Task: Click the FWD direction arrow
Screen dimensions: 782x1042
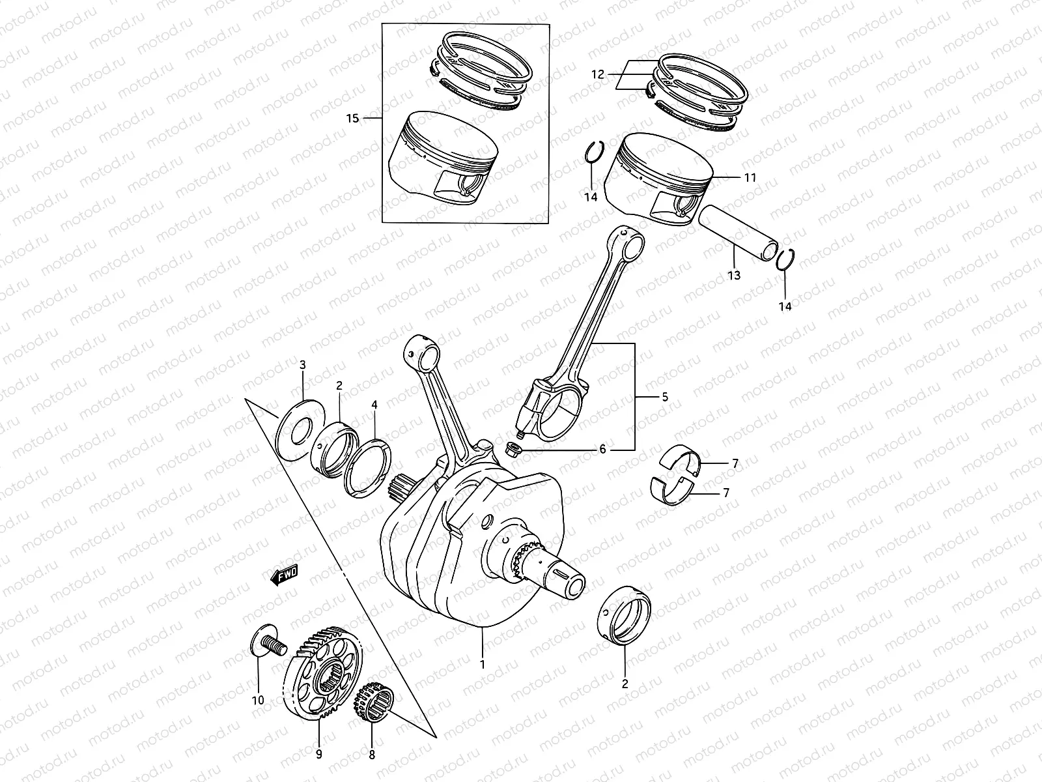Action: [285, 576]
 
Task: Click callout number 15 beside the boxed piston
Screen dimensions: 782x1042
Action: [352, 119]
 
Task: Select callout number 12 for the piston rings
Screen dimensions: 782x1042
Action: [598, 75]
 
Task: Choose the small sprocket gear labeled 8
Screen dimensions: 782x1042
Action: [374, 704]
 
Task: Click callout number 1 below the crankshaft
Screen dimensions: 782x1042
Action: [483, 665]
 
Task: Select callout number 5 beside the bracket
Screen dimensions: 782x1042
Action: [664, 397]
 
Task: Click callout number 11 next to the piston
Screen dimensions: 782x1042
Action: [750, 177]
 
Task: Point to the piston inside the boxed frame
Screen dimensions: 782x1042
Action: [443, 156]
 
